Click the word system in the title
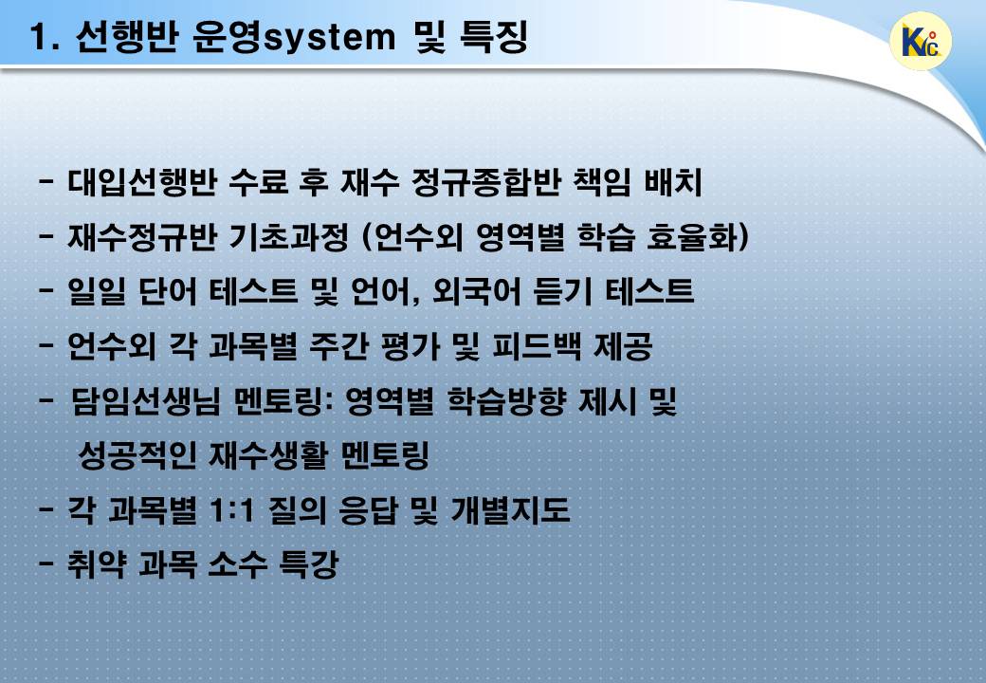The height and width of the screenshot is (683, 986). pos(329,38)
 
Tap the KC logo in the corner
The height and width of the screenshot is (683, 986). pos(922,42)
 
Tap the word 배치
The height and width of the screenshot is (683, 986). pos(673,182)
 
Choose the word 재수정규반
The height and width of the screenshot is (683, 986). pos(142,237)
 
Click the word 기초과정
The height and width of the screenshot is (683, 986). pos(289,237)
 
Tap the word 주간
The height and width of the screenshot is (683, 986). pos(338,346)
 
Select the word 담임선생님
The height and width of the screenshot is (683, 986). pos(146,401)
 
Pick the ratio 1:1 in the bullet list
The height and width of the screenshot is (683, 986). pos(231,510)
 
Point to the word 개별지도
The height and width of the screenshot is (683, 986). pos(511,510)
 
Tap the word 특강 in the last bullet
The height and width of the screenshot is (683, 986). pos(308,564)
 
